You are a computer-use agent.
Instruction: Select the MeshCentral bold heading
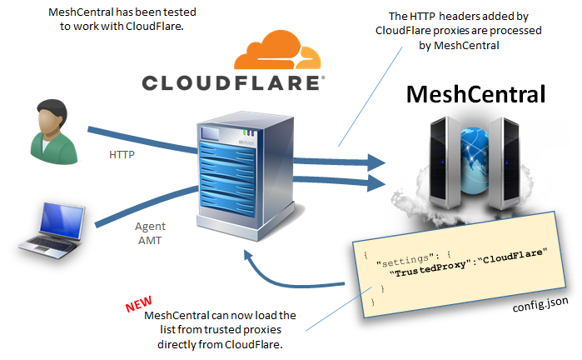(475, 94)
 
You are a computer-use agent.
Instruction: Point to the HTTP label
(123, 155)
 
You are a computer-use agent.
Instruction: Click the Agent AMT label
(151, 232)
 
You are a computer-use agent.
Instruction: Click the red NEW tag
(140, 302)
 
